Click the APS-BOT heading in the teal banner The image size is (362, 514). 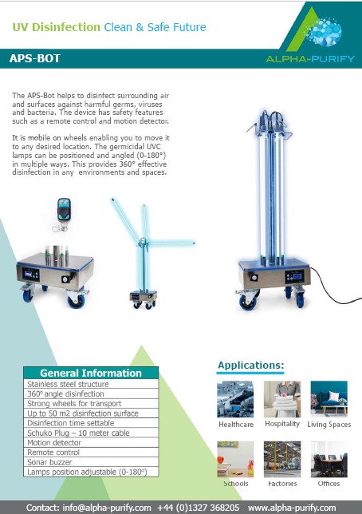35,58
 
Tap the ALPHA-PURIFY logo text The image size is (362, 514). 310,59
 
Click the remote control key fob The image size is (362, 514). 63,214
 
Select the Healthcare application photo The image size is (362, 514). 235,399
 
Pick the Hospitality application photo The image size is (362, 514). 282,399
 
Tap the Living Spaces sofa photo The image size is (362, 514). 329,399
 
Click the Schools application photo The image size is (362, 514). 235,459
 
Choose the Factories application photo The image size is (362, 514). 282,459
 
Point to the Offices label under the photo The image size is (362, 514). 329,484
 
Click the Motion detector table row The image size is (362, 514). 91,442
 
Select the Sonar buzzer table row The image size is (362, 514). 91,462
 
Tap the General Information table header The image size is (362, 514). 91,373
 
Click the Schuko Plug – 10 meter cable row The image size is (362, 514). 91,433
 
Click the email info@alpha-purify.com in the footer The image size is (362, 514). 107,508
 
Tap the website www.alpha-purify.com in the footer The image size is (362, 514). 292,508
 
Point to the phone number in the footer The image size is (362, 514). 199,508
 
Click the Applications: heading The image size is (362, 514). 251,366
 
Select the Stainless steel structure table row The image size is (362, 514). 91,384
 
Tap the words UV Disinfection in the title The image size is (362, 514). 57,27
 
